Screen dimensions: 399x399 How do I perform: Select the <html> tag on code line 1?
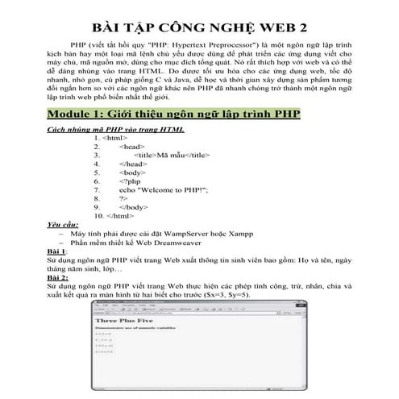tap(116, 138)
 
